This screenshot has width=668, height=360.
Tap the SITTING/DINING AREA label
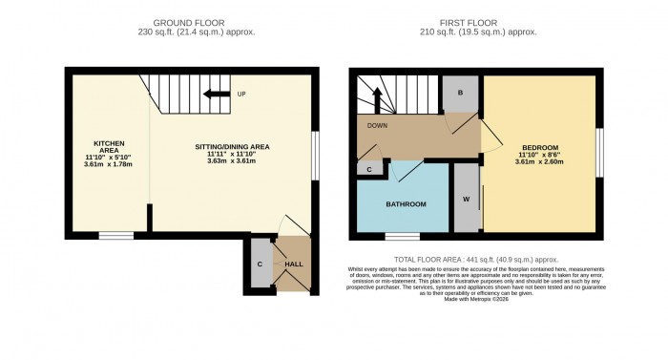pos(233,146)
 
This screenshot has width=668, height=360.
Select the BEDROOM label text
pos(539,147)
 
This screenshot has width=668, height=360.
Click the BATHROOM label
pos(406,204)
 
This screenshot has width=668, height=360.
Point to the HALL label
pos(293,263)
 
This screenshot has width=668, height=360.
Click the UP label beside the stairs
pos(241,94)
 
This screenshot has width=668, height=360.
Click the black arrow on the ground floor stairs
pos(217,94)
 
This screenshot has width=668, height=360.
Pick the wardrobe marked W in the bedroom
pos(466,199)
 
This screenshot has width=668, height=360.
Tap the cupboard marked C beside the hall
pos(259,263)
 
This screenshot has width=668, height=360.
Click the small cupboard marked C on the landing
pos(369,169)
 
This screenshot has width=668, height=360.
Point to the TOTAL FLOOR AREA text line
pos(477,259)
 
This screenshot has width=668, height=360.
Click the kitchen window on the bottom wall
pos(116,234)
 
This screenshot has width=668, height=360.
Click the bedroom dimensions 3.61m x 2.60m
pos(539,162)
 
